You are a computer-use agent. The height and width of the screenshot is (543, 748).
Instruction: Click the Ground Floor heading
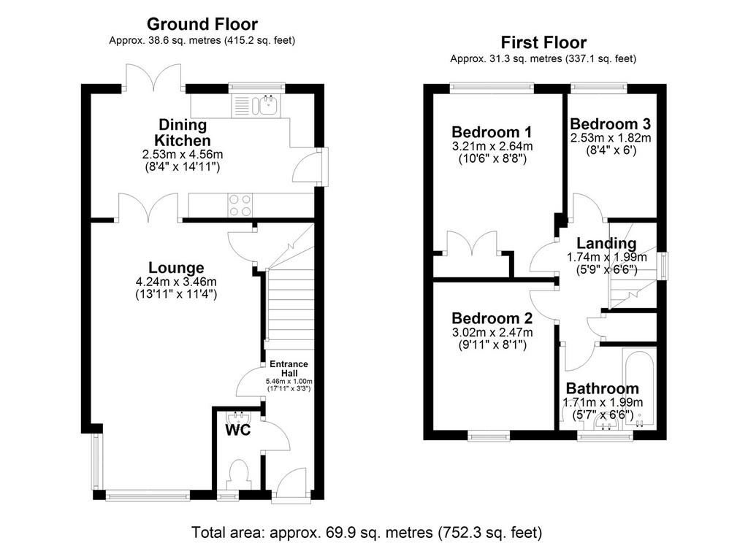pos(202,24)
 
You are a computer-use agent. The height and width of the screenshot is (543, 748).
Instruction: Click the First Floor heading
pos(543,42)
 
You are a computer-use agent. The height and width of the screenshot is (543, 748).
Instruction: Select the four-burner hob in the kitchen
pos(240,206)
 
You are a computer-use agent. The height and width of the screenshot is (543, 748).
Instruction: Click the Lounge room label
pos(176,267)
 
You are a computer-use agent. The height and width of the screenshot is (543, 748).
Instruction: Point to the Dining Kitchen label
pos(182,133)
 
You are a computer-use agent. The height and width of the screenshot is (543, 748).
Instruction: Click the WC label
pos(237,430)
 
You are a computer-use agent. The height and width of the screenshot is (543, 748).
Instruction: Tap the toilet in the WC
pos(238,474)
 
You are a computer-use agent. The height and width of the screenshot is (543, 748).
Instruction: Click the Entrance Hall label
pos(289,369)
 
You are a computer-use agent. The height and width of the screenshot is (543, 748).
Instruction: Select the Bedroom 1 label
pos(492,131)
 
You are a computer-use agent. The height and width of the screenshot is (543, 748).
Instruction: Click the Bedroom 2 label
pos(492,318)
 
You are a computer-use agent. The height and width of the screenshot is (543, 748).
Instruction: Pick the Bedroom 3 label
pos(610,124)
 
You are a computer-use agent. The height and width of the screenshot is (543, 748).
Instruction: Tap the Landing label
pos(606,244)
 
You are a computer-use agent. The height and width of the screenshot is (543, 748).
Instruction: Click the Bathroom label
pos(602,388)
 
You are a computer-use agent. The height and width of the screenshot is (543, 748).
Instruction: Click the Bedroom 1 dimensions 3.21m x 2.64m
pos(492,146)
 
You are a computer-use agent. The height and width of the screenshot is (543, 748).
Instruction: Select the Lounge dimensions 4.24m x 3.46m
pos(176,281)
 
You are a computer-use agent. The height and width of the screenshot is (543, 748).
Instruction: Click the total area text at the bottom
pos(367,531)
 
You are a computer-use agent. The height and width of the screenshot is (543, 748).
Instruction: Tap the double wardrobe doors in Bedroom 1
pos(473,244)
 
